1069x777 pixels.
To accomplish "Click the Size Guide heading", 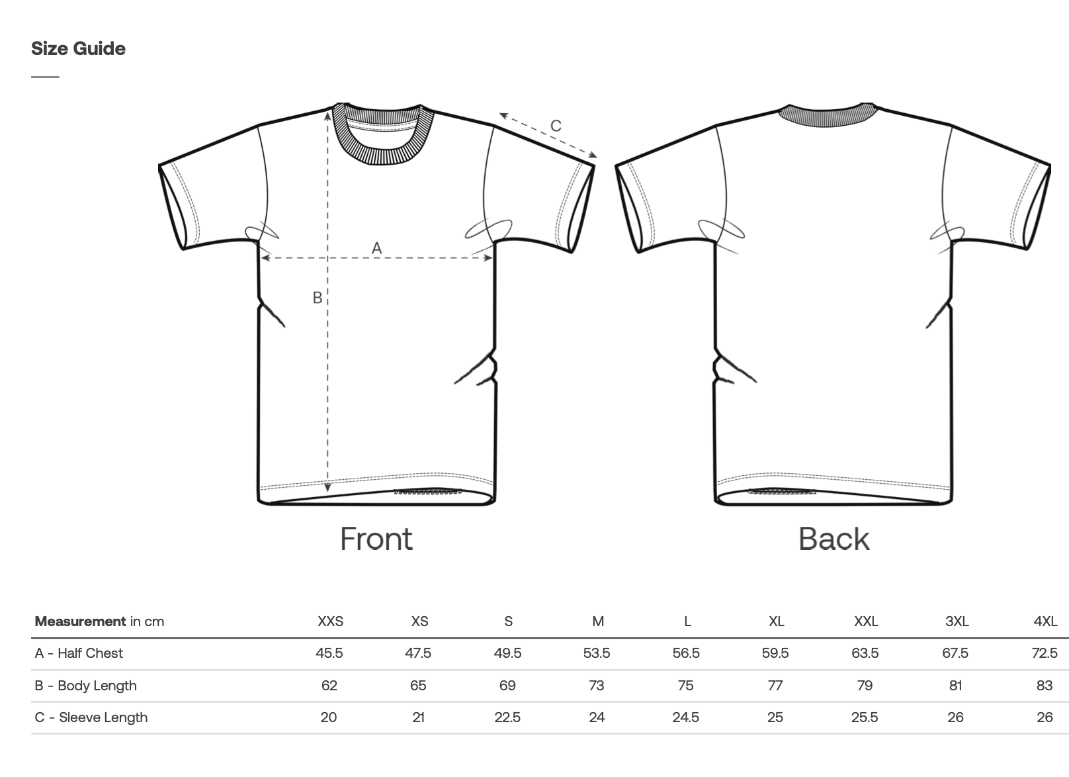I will tap(78, 48).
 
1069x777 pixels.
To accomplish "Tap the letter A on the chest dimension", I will tap(376, 248).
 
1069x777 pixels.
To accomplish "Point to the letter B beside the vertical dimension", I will tap(318, 298).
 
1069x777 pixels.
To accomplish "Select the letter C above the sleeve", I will tap(556, 126).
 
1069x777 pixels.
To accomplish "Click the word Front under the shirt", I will tap(376, 539).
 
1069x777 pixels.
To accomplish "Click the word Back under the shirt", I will tap(834, 539).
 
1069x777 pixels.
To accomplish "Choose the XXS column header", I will tap(330, 621).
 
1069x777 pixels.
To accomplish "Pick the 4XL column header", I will tap(1045, 621).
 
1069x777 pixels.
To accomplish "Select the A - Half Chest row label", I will tap(79, 653).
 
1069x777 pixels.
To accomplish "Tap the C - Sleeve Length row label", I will tap(91, 717).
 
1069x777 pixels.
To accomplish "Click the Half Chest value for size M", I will tap(597, 653).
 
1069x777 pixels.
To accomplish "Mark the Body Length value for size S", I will tap(507, 686).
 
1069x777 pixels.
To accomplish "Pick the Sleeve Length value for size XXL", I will tap(865, 717).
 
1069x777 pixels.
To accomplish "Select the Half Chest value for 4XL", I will tap(1045, 653).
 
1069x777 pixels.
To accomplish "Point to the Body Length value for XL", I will tap(775, 686).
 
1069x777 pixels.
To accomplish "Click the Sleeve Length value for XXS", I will tap(329, 717).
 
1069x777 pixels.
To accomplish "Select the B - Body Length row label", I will tap(86, 686).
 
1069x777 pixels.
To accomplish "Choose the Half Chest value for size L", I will tap(686, 653).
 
